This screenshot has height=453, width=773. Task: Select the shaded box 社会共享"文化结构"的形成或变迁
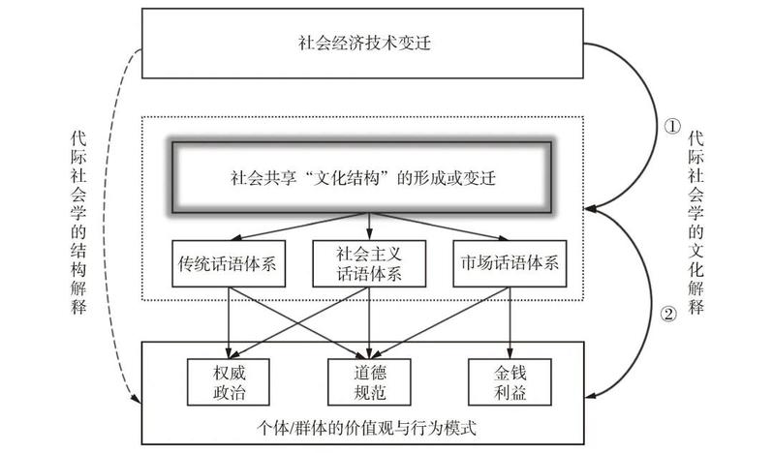pyautogui.click(x=361, y=178)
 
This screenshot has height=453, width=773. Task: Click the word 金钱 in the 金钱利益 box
pyautogui.click(x=510, y=369)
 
